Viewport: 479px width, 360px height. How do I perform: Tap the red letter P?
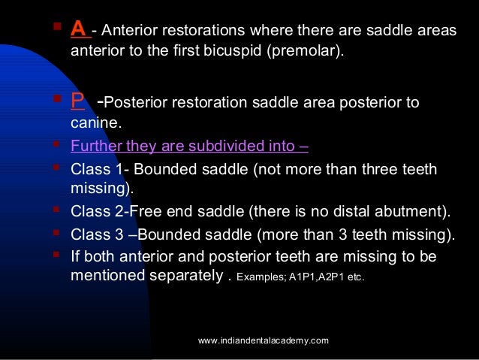[x=77, y=101]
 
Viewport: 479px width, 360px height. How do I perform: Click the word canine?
[x=95, y=125]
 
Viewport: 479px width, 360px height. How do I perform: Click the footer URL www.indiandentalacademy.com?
[x=264, y=341]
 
